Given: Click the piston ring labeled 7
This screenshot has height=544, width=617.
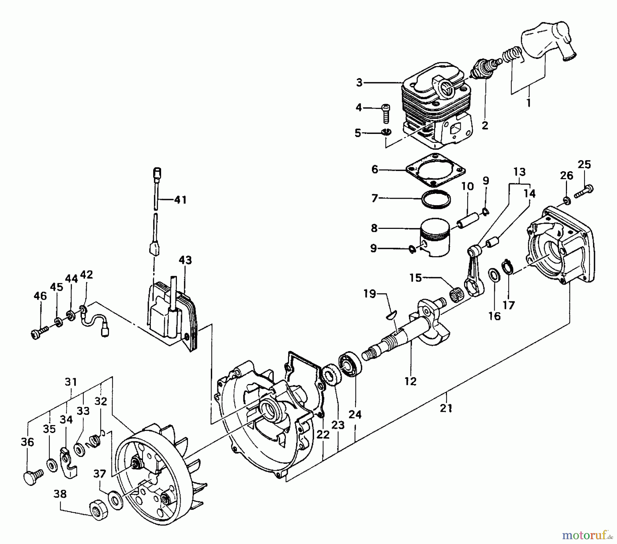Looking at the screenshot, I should (x=436, y=199).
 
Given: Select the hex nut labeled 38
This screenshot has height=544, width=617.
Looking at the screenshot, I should (x=98, y=512).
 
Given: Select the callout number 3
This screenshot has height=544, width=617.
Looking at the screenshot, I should (x=359, y=83).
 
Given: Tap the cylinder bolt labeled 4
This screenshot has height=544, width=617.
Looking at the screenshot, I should (x=386, y=113).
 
